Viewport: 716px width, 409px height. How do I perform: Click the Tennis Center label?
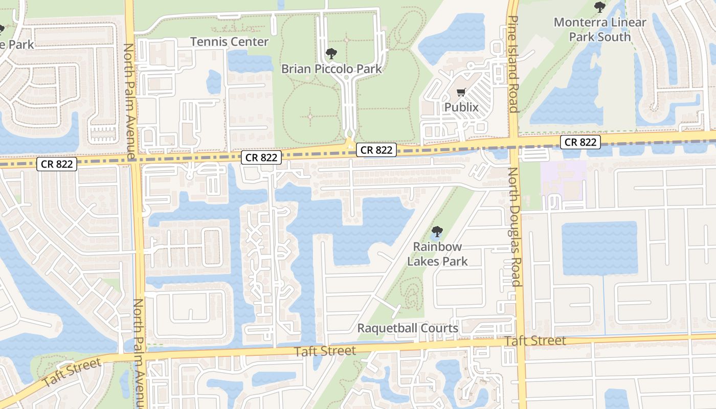[x=229, y=42]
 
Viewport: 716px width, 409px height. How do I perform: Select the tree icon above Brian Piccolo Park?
[x=331, y=53]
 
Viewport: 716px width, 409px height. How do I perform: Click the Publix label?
[x=461, y=107]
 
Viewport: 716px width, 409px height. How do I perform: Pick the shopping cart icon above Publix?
[x=461, y=93]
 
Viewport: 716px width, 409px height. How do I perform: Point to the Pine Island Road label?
[x=513, y=64]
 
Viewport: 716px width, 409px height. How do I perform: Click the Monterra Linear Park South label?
[x=600, y=30]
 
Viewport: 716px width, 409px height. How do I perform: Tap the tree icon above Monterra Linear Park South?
[x=600, y=7]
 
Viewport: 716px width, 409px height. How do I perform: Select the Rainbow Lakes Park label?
[x=437, y=254]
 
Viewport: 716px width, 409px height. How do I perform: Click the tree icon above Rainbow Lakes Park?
[x=437, y=232]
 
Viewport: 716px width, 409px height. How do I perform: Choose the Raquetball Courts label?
[x=408, y=328]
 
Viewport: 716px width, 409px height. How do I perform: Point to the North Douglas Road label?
[x=514, y=227]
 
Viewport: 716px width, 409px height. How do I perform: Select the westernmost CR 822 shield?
[x=57, y=164]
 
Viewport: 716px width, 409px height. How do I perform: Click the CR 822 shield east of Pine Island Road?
[x=580, y=142]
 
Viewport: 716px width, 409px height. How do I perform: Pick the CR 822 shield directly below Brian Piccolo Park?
[x=377, y=150]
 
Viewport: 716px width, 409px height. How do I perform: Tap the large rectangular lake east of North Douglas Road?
[x=599, y=248]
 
